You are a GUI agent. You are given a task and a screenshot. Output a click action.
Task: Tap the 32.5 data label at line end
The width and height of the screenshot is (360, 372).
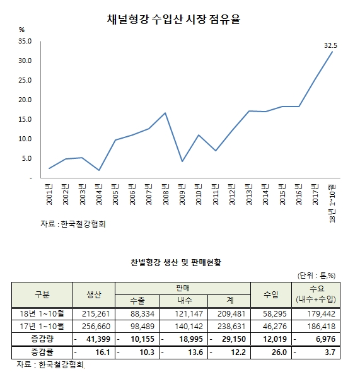coord(330,45)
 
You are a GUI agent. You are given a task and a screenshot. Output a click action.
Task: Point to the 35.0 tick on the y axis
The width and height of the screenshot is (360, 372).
coord(25,41)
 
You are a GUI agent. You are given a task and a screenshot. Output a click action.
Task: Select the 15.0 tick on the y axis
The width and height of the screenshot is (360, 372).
coord(25,100)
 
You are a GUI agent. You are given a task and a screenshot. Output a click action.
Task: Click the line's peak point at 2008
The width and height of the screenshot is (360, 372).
coord(165,113)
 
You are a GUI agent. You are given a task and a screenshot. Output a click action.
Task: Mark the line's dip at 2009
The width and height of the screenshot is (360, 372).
coord(182,161)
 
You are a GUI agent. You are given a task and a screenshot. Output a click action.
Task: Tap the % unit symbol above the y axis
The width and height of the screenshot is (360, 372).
coord(21,30)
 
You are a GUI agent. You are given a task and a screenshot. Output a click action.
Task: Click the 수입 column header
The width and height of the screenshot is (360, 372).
coord(272,294)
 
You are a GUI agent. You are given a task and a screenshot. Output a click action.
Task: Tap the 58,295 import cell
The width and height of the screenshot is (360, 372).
coord(272,313)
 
